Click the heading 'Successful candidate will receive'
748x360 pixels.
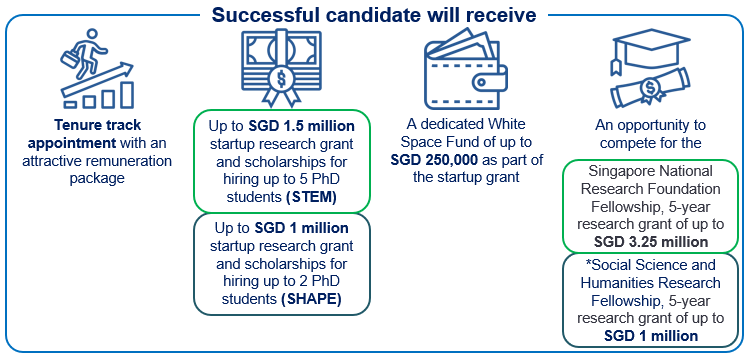pyautogui.click(x=374, y=14)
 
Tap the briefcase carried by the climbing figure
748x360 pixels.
pyautogui.click(x=70, y=60)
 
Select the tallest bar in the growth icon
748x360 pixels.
pyautogui.click(x=127, y=94)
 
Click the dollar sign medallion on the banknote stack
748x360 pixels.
pyautogui.click(x=281, y=79)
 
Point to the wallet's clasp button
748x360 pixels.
pyautogui.click(x=482, y=83)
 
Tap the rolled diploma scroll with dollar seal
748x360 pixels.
pyautogui.click(x=650, y=89)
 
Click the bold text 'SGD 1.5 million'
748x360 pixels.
pyautogui.click(x=301, y=127)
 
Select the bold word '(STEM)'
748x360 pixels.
pyautogui.click(x=312, y=198)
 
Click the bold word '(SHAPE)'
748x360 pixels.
pyautogui.click(x=311, y=299)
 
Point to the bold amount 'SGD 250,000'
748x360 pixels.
pyautogui.click(x=434, y=160)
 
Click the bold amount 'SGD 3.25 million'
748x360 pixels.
pyautogui.click(x=651, y=242)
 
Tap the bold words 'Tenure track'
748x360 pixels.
pyautogui.click(x=97, y=125)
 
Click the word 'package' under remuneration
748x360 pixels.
pyautogui.click(x=97, y=178)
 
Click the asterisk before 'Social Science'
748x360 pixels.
pyautogui.click(x=588, y=264)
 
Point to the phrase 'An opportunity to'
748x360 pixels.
pyautogui.click(x=650, y=125)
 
